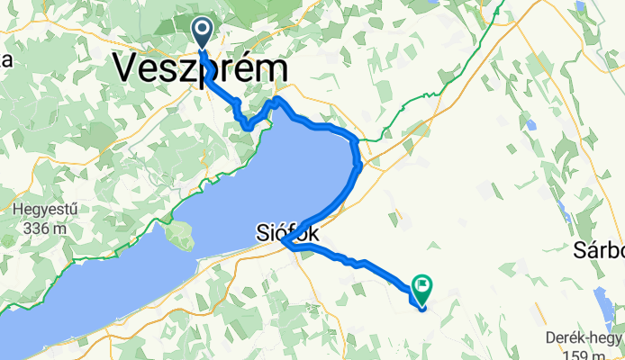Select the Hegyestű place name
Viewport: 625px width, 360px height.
[x=43, y=210]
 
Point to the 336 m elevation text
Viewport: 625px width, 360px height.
[x=43, y=228]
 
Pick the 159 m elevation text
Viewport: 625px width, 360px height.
[x=592, y=353]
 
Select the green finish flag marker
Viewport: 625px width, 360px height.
[x=422, y=288]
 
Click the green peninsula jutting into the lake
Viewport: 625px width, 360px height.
[x=179, y=237]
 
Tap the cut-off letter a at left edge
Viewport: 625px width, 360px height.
[x=5, y=61]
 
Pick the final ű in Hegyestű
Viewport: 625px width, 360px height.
[x=73, y=210]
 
